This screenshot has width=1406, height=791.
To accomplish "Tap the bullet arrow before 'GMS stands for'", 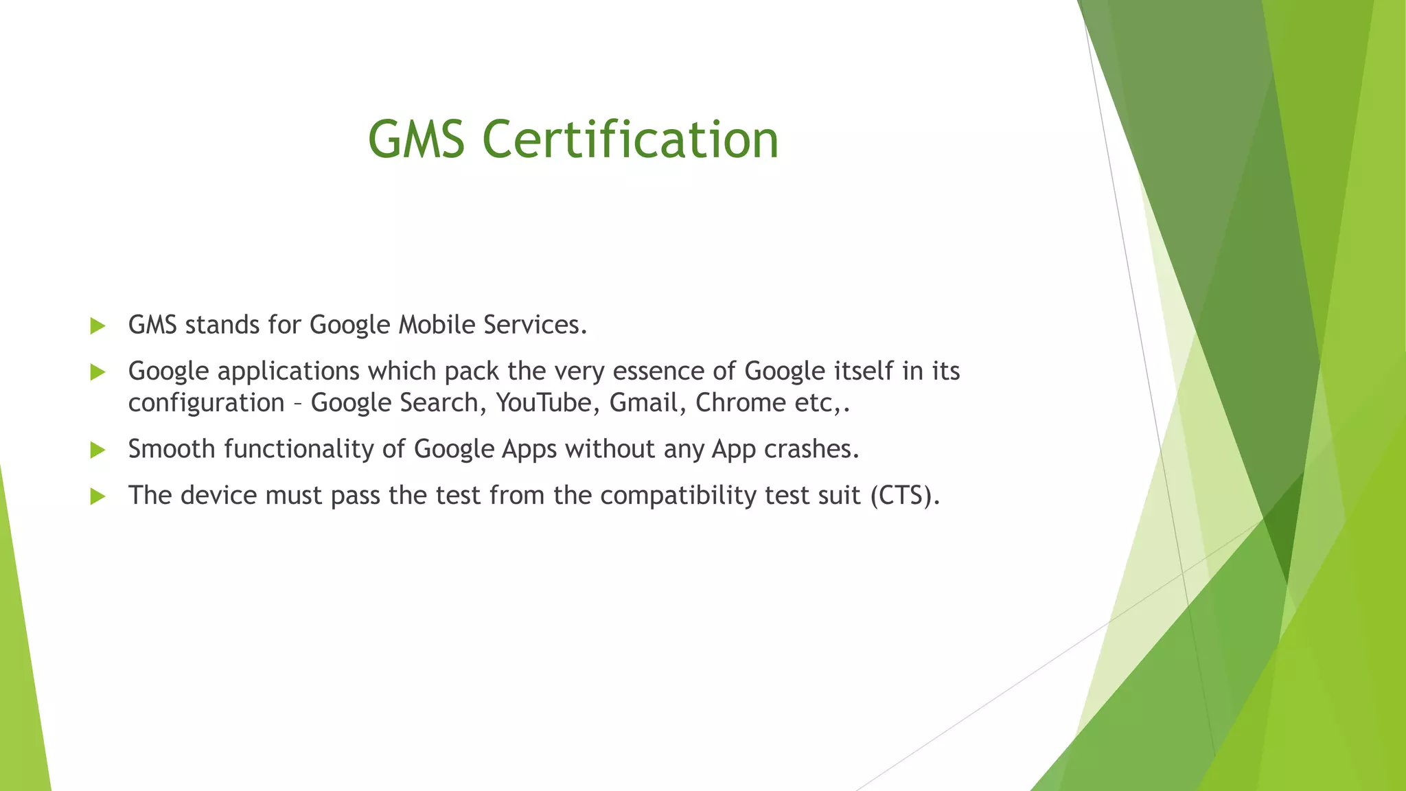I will click(x=97, y=326).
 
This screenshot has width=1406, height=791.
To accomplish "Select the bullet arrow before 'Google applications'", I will click(x=97, y=372).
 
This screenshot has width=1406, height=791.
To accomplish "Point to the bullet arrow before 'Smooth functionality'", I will click(x=97, y=450).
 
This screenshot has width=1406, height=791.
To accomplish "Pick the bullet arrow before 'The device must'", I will click(x=97, y=496).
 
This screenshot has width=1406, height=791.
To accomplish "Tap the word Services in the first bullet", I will click(x=535, y=325).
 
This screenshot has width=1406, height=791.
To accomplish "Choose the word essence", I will click(x=658, y=371).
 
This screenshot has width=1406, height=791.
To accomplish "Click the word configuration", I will click(x=206, y=403).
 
